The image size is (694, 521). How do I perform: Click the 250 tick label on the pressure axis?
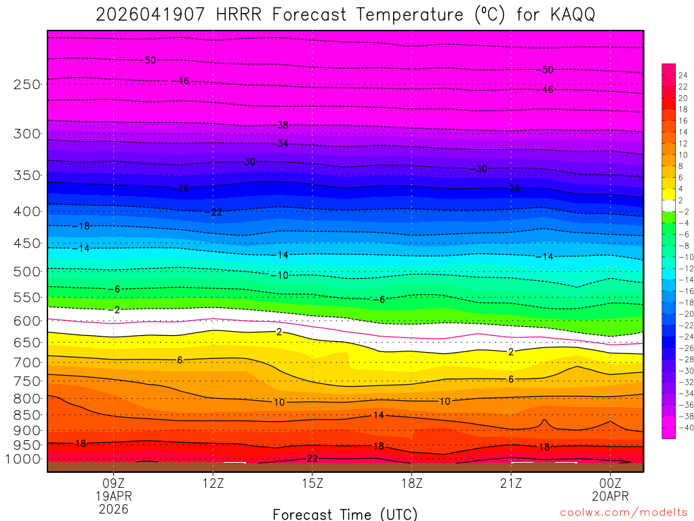tap(26, 84)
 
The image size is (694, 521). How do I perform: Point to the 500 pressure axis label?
tap(26, 272)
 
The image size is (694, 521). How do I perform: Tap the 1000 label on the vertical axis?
tap(24, 459)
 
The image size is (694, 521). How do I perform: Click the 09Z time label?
tap(113, 483)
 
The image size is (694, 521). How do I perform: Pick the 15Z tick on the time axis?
tap(312, 483)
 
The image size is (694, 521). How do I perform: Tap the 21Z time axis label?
tap(511, 483)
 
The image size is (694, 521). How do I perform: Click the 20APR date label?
tap(611, 496)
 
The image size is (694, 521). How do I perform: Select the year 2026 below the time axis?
tap(113, 508)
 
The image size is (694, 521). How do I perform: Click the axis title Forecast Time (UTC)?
tap(346, 514)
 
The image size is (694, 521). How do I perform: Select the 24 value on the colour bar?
tap(682, 75)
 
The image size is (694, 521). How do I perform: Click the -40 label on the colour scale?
tap(684, 427)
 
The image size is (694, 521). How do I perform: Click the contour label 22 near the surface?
tap(312, 459)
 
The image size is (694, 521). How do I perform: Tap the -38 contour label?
tap(282, 126)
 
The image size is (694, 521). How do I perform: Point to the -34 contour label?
tap(282, 144)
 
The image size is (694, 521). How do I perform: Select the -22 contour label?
tap(213, 212)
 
